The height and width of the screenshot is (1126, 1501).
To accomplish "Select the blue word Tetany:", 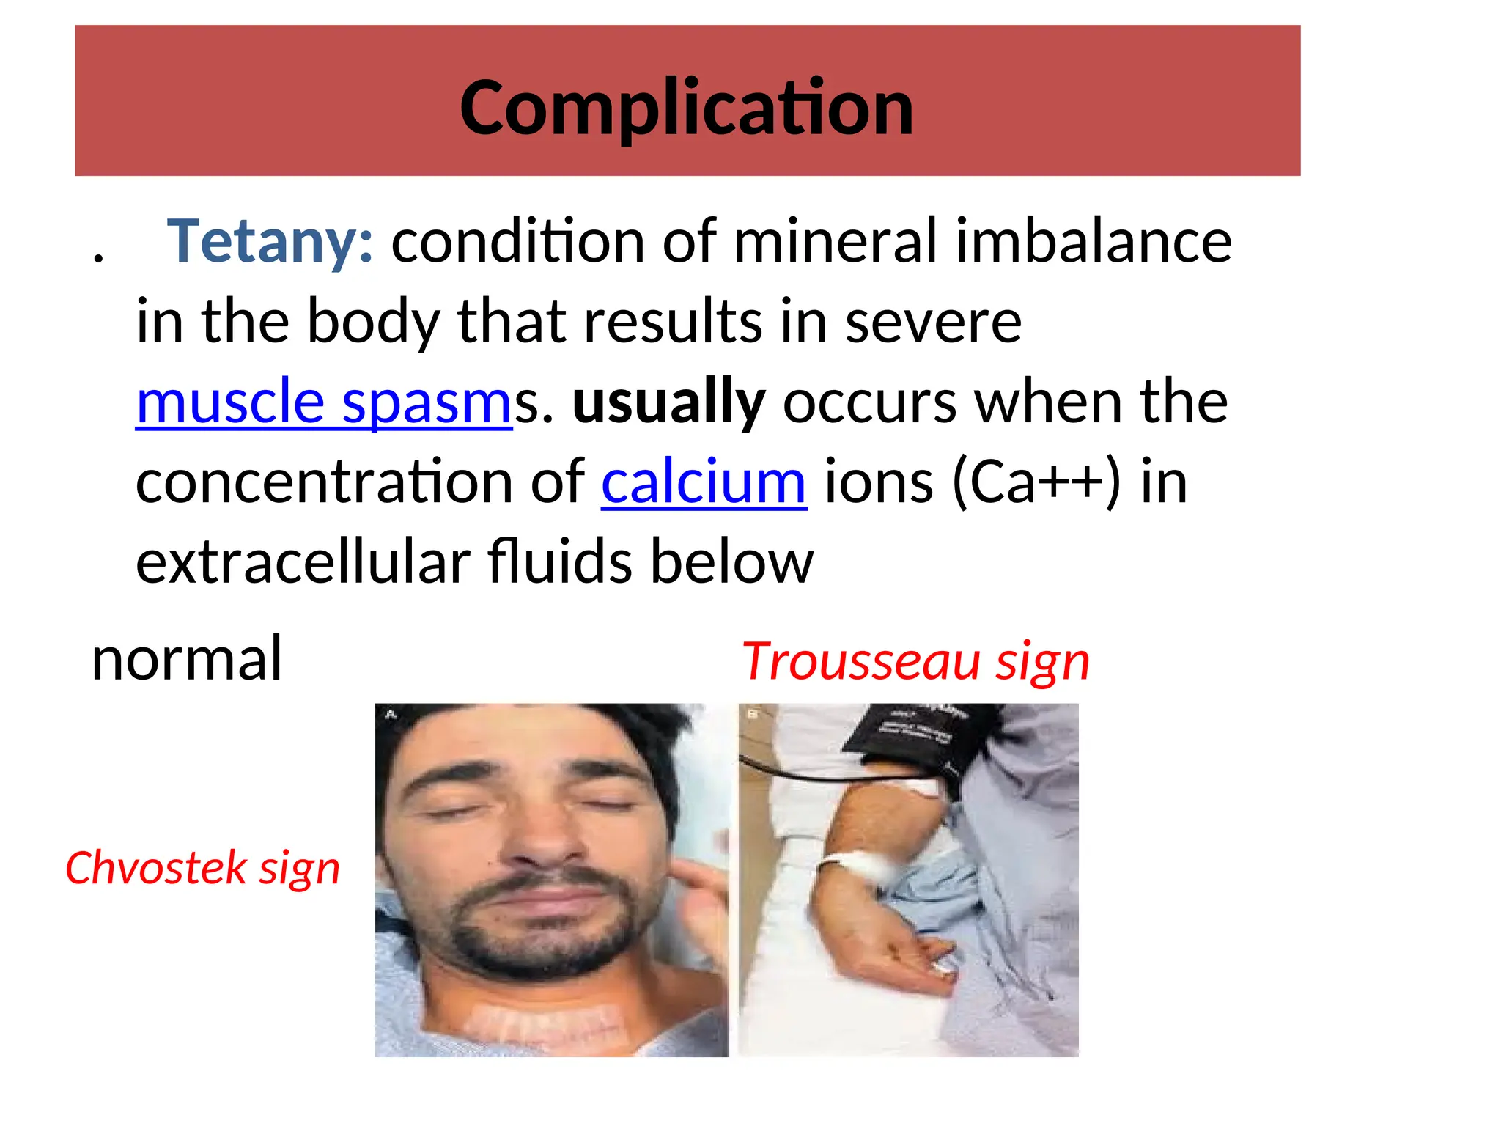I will pyautogui.click(x=270, y=241).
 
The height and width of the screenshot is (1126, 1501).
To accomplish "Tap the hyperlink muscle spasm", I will pyautogui.click(x=324, y=402).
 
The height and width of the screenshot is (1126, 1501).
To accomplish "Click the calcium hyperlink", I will pyautogui.click(x=704, y=482).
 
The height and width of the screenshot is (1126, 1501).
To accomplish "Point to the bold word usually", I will pyautogui.click(x=668, y=402).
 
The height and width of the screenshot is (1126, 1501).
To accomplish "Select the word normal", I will pyautogui.click(x=187, y=658).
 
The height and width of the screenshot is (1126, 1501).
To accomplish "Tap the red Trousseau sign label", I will pyautogui.click(x=915, y=661).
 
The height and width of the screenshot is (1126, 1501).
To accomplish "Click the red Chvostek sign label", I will pyautogui.click(x=202, y=868).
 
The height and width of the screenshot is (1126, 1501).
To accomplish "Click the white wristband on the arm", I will pyautogui.click(x=858, y=869).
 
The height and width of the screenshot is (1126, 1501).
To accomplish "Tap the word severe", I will pyautogui.click(x=933, y=322).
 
